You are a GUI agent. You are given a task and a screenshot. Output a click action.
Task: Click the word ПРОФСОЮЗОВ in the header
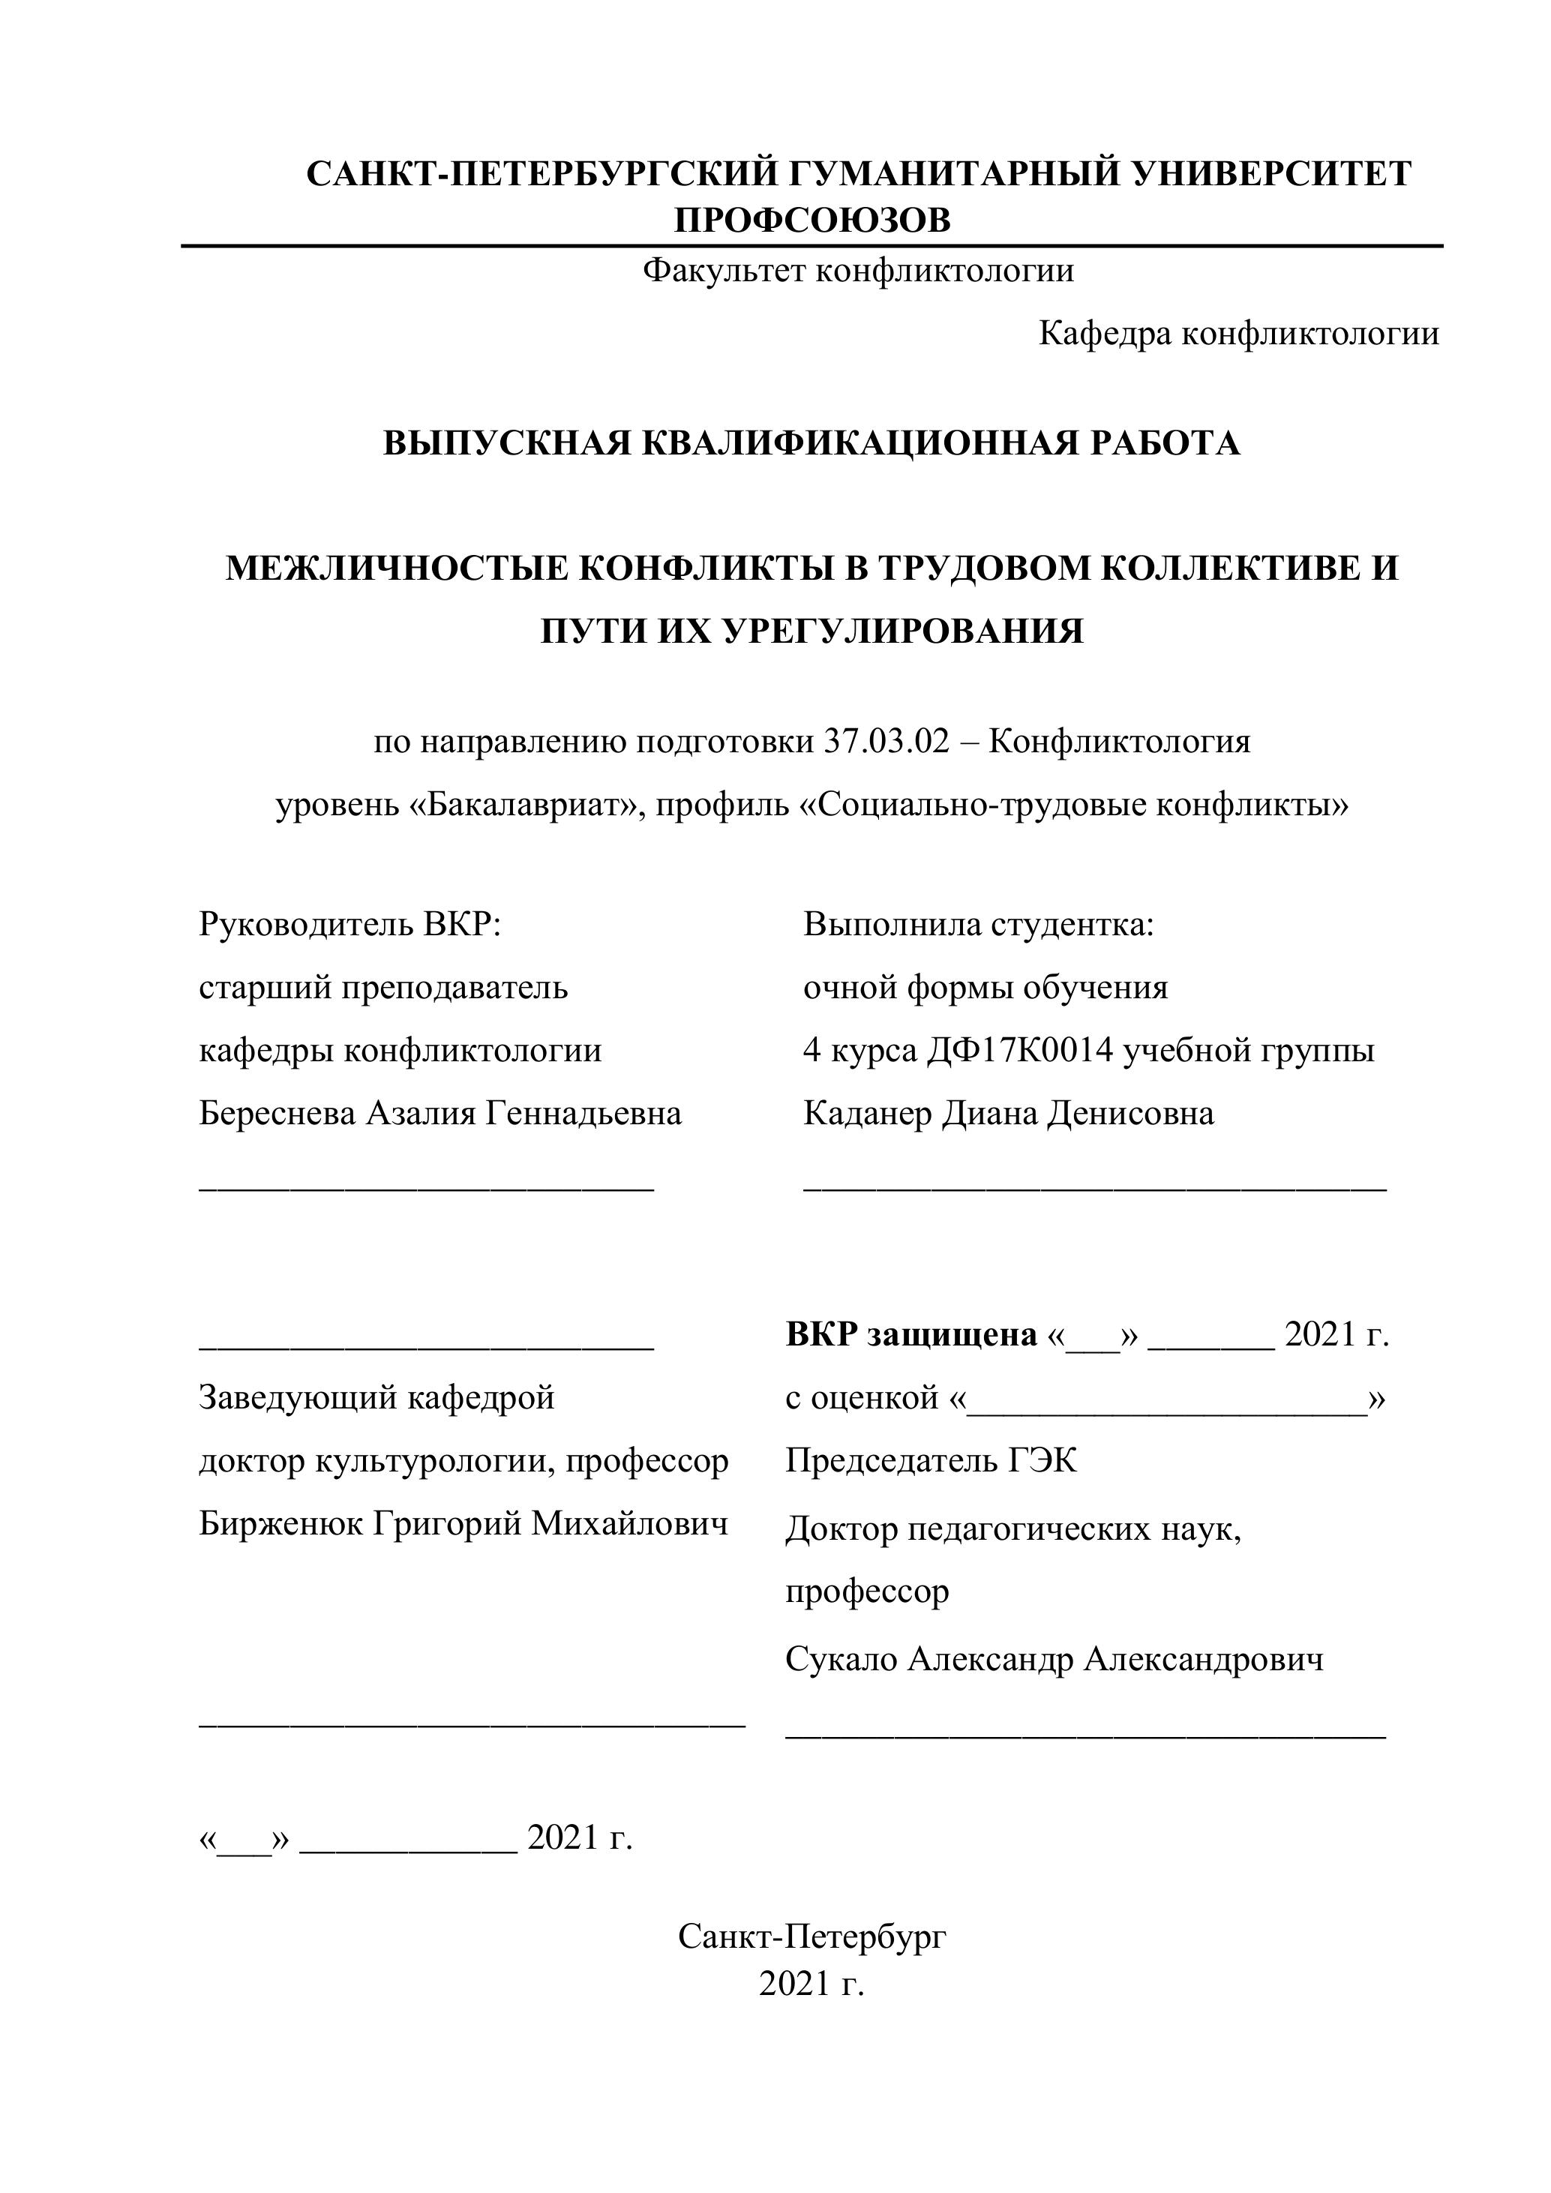tap(811, 220)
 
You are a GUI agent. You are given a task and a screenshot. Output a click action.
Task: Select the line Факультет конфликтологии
tap(858, 271)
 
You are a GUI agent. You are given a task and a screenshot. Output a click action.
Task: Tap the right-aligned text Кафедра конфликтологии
tap(1237, 334)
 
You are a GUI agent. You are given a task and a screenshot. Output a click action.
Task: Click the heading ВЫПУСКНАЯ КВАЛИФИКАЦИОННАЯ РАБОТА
tap(811, 444)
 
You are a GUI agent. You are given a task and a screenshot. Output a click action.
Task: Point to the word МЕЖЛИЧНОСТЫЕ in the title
tap(397, 569)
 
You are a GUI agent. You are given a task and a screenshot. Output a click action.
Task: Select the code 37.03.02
tap(886, 742)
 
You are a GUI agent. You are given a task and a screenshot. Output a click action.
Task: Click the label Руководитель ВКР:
tap(349, 925)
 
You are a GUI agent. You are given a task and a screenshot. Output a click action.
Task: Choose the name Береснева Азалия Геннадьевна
tap(439, 1114)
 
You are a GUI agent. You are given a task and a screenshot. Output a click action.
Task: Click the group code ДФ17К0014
tap(1020, 1051)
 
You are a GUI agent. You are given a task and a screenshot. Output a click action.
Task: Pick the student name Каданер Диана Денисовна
tap(1009, 1114)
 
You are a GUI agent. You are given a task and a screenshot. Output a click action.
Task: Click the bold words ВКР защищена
tap(911, 1335)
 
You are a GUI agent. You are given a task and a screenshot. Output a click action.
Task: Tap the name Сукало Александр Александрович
tap(1054, 1660)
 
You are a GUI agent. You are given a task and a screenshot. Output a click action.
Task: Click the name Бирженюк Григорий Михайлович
tap(463, 1525)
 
